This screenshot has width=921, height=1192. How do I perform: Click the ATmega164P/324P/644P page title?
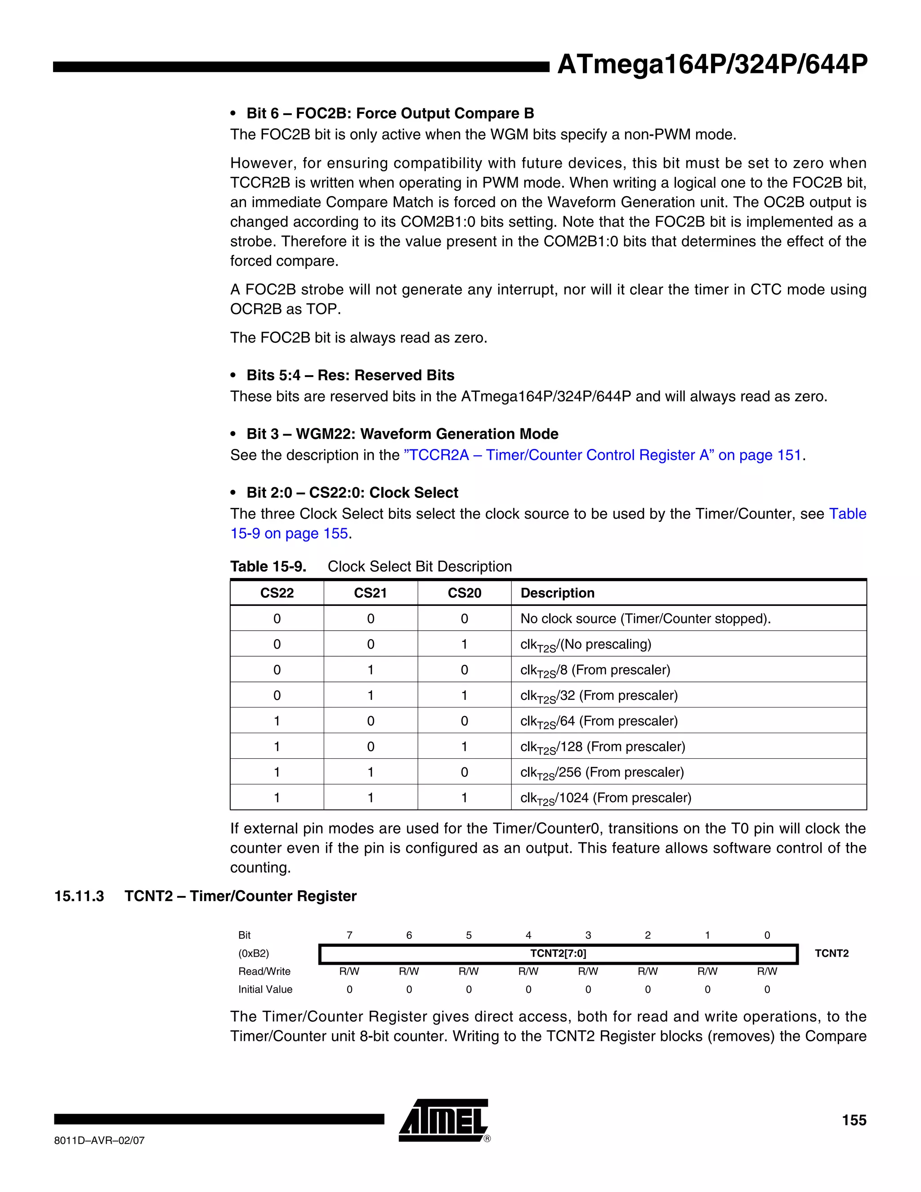(x=712, y=64)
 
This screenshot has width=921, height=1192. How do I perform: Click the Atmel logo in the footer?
(x=443, y=1120)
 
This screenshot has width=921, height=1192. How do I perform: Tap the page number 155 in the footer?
(x=854, y=1120)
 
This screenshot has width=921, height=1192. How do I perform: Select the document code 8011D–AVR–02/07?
(x=99, y=1140)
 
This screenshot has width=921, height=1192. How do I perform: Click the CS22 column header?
(x=277, y=593)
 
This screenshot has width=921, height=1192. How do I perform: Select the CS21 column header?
(x=371, y=593)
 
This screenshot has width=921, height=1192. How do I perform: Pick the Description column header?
(x=557, y=593)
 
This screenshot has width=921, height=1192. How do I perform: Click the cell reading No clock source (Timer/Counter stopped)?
(x=645, y=618)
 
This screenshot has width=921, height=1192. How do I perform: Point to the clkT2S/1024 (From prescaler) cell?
(x=606, y=798)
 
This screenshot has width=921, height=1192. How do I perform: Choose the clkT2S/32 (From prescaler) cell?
(x=599, y=696)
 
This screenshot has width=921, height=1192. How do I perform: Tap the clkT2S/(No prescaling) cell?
(x=586, y=645)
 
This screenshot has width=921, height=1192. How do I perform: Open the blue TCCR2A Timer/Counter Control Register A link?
(x=602, y=455)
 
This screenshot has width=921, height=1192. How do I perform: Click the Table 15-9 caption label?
(x=268, y=566)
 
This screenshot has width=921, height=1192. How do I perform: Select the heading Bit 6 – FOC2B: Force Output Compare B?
(x=389, y=113)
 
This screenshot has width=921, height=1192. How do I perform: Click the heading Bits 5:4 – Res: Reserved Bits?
(x=350, y=375)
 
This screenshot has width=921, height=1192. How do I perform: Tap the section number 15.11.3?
(x=79, y=896)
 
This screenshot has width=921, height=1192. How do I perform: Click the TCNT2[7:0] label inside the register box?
(x=558, y=954)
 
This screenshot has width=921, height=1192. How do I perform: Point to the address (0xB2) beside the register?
(x=253, y=954)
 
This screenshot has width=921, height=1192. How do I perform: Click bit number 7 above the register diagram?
(x=349, y=935)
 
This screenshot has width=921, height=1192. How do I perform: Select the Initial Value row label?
(x=265, y=990)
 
